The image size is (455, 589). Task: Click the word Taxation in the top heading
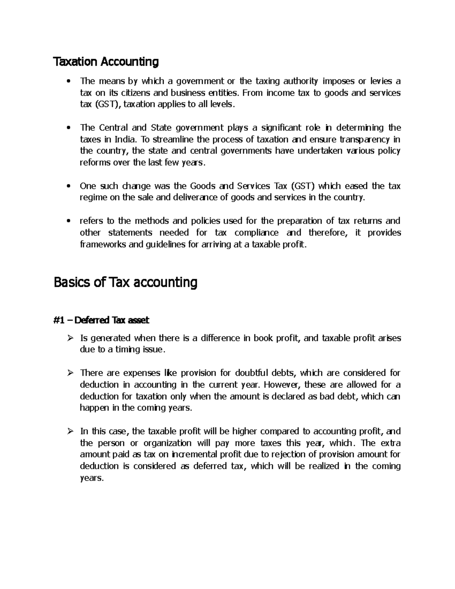[75, 61]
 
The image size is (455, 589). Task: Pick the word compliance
[256, 232]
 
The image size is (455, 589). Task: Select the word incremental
[195, 454]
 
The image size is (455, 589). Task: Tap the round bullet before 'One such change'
[68, 186]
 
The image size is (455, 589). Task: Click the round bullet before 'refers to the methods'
[68, 221]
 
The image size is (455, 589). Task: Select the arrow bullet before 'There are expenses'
[69, 373]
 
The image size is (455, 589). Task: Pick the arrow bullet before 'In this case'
[69, 432]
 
